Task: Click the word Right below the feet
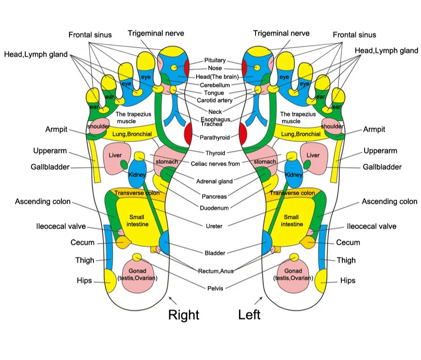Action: (184, 315)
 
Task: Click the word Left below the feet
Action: (249, 315)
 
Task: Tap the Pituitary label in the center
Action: (215, 60)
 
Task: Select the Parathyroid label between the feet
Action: (215, 137)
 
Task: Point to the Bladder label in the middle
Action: (215, 253)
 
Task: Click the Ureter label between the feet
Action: (214, 226)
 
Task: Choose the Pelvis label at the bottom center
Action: (215, 288)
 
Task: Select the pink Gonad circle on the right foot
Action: (138, 276)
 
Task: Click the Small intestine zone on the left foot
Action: (292, 221)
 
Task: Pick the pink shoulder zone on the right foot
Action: (99, 126)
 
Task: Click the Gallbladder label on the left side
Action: (50, 167)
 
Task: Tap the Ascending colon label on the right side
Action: (389, 201)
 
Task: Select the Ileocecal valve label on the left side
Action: (61, 226)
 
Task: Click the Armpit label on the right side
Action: (374, 129)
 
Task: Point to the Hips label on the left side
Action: (84, 280)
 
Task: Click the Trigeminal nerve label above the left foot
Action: (281, 33)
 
